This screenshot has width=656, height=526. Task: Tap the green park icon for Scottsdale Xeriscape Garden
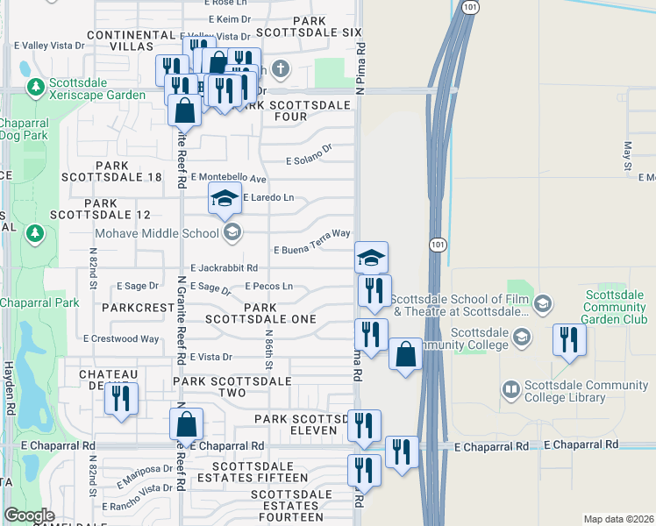click(x=36, y=86)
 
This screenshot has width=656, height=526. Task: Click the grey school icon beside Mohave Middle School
click(x=232, y=232)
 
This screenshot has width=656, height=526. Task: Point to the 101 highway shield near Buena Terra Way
click(x=437, y=245)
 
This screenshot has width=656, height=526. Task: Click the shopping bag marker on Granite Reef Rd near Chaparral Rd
click(x=186, y=424)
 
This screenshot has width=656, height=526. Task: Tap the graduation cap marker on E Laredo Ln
click(x=225, y=198)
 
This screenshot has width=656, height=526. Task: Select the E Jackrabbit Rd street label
click(x=224, y=267)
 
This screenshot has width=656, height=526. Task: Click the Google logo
click(x=29, y=515)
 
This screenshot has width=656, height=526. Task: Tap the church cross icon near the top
click(x=280, y=68)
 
